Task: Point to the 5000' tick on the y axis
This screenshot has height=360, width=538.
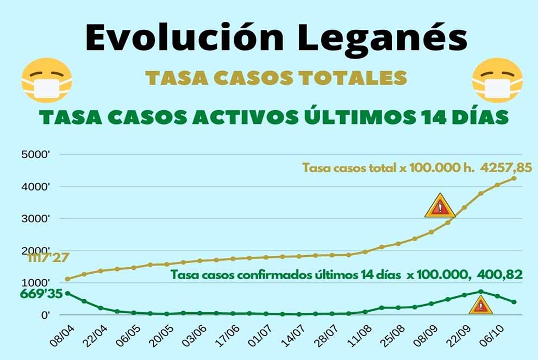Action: tap(36, 155)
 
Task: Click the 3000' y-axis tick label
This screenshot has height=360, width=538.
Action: tap(36, 219)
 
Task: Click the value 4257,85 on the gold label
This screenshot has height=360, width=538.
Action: tap(505, 167)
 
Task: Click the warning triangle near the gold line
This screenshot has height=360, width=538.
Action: tap(440, 206)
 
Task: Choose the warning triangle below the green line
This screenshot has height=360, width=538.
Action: tap(480, 306)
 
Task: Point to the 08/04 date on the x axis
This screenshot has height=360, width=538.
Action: tap(61, 336)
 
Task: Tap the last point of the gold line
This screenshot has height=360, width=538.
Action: tap(514, 178)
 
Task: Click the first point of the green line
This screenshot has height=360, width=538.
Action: tap(67, 293)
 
